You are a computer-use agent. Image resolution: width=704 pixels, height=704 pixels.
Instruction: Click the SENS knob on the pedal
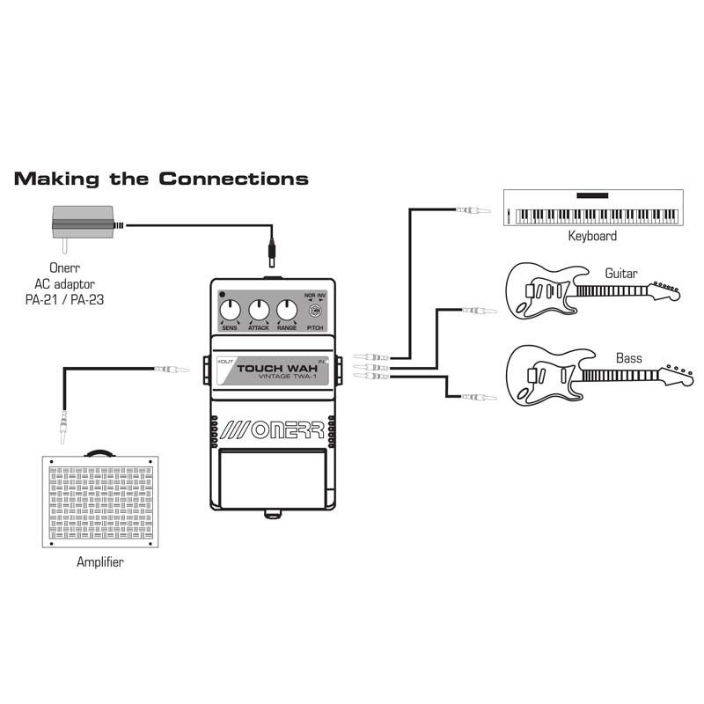click(230, 311)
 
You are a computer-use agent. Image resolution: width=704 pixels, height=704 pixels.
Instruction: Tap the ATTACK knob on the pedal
click(259, 311)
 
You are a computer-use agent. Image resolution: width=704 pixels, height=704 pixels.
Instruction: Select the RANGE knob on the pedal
click(287, 311)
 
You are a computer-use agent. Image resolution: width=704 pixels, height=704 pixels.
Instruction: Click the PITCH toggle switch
click(316, 311)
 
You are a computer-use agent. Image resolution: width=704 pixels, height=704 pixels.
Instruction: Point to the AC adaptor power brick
click(83, 223)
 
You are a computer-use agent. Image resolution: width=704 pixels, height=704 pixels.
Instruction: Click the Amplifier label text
click(99, 561)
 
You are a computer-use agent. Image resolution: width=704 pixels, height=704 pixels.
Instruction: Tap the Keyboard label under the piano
click(592, 236)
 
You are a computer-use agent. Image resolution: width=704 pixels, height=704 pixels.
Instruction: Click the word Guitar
click(621, 273)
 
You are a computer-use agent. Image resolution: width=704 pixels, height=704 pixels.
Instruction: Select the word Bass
click(628, 358)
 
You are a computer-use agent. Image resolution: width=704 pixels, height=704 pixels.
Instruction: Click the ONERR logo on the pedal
click(273, 430)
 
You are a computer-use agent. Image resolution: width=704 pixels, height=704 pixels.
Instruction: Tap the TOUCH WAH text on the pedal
click(277, 369)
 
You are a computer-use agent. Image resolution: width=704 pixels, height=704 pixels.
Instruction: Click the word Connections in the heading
click(233, 179)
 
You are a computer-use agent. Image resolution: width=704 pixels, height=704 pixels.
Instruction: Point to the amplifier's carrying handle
click(99, 452)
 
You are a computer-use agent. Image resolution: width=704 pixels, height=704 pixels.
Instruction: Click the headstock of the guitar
click(666, 291)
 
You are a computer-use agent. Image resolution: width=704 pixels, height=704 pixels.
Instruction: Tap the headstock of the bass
click(678, 375)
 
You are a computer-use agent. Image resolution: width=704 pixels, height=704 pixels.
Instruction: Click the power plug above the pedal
click(272, 253)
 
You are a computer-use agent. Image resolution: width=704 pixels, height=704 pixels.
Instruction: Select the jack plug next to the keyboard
click(473, 209)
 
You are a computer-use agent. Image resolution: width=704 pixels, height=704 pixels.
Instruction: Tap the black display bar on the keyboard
click(592, 195)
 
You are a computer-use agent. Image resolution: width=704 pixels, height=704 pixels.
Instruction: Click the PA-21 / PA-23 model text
click(64, 299)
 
